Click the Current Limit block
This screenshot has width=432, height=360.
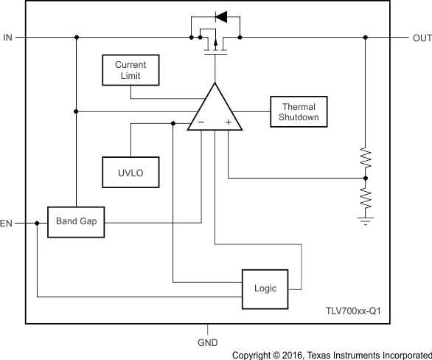[130, 70]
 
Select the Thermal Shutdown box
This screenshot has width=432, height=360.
[298, 111]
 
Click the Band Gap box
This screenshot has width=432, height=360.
[76, 221]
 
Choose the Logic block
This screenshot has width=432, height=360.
[265, 288]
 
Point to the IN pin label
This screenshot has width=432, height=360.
[7, 37]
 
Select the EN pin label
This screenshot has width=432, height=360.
[7, 222]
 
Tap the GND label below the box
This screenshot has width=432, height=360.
[207, 343]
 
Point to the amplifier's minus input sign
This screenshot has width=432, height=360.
[199, 122]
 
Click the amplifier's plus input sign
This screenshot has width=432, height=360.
[229, 122]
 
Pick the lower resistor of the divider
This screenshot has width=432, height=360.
[366, 198]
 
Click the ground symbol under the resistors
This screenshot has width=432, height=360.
[366, 219]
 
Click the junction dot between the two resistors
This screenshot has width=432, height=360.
[366, 178]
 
